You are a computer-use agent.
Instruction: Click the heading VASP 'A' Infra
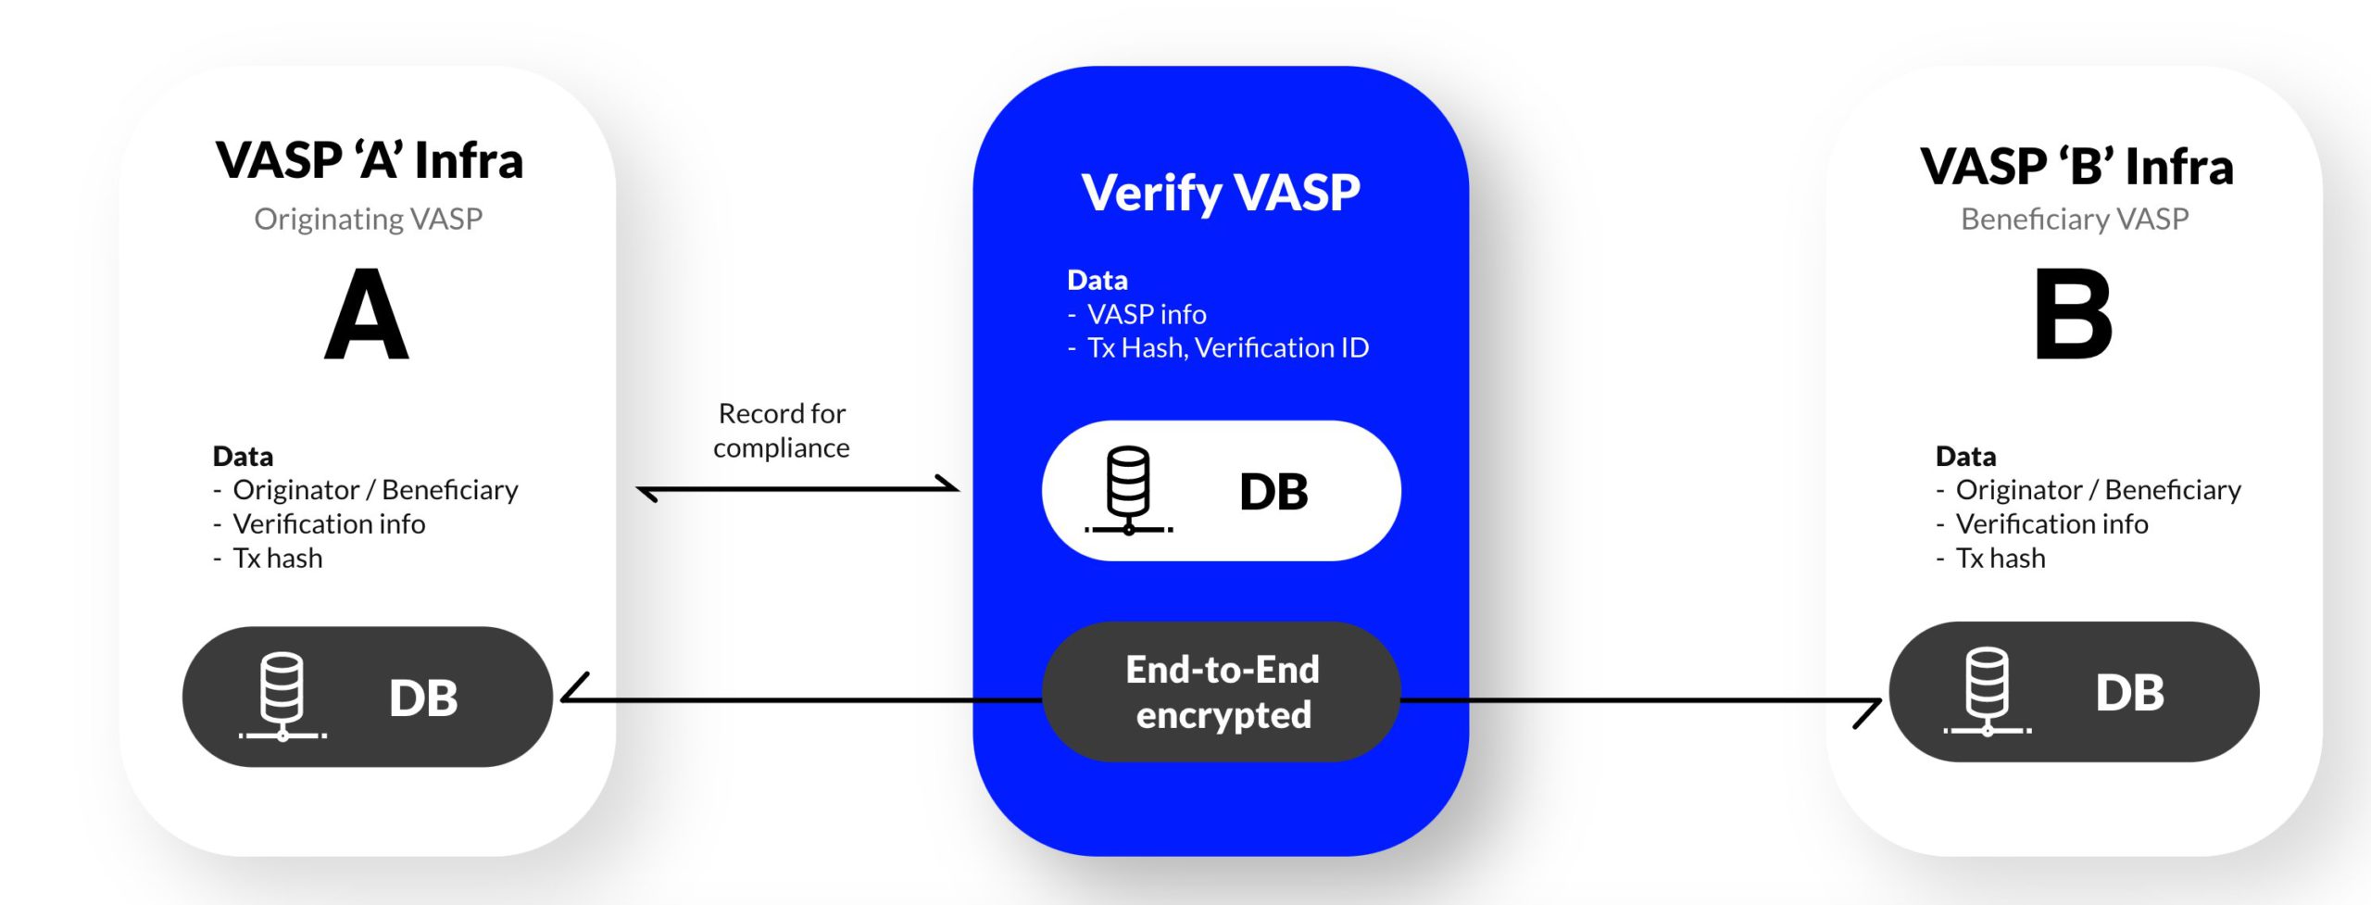(x=370, y=161)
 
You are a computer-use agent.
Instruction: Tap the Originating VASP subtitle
(x=368, y=220)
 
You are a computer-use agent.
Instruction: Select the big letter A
(x=367, y=315)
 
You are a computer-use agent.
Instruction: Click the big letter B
(x=2073, y=315)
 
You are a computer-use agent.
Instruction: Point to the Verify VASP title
(x=1221, y=193)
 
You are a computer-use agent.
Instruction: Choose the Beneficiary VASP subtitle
(x=2075, y=220)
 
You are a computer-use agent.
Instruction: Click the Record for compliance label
(x=782, y=431)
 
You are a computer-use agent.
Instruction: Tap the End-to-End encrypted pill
(x=1222, y=692)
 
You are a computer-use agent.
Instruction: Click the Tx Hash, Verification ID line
(x=1227, y=348)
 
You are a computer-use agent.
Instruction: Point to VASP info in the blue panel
(x=1147, y=315)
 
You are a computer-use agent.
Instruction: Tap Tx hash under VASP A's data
(x=278, y=559)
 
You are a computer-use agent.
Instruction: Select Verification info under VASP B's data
(x=2051, y=524)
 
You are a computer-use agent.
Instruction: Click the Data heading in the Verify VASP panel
(x=1098, y=280)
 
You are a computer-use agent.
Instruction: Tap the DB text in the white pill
(x=1273, y=492)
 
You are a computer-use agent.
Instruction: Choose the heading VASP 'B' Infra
(x=2076, y=167)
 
